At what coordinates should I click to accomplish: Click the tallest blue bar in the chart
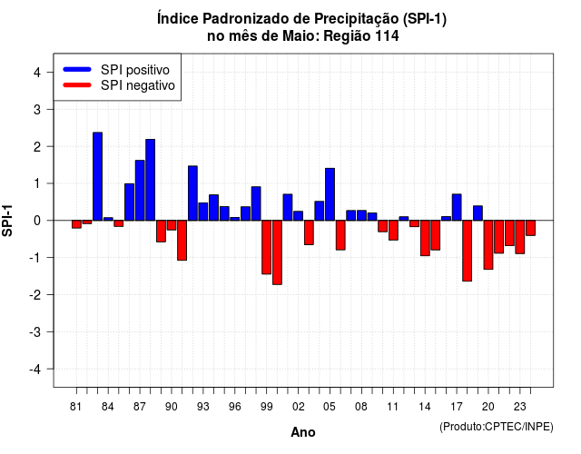(x=97, y=176)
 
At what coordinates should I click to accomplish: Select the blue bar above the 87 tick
(x=140, y=191)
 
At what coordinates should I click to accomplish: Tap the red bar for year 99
(x=266, y=247)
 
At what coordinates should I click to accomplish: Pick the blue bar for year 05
(x=330, y=194)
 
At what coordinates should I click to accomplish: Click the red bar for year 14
(x=425, y=238)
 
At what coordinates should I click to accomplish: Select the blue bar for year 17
(x=457, y=207)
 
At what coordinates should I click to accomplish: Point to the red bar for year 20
(x=488, y=245)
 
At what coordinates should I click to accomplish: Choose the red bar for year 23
(x=520, y=237)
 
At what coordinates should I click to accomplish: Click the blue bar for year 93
(x=203, y=212)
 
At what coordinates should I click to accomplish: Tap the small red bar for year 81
(x=76, y=224)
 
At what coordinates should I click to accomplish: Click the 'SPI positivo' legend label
(x=135, y=70)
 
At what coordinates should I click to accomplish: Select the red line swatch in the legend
(x=77, y=85)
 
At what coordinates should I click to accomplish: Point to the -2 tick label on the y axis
(x=36, y=295)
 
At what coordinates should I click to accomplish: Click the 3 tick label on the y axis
(x=37, y=110)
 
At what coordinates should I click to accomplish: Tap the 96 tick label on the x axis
(x=234, y=407)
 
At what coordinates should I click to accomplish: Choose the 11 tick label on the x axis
(x=393, y=407)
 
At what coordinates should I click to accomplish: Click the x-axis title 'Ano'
(x=303, y=432)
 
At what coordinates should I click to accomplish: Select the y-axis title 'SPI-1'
(x=7, y=221)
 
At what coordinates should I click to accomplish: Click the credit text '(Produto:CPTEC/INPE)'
(x=497, y=427)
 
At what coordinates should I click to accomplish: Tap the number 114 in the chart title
(x=388, y=36)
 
